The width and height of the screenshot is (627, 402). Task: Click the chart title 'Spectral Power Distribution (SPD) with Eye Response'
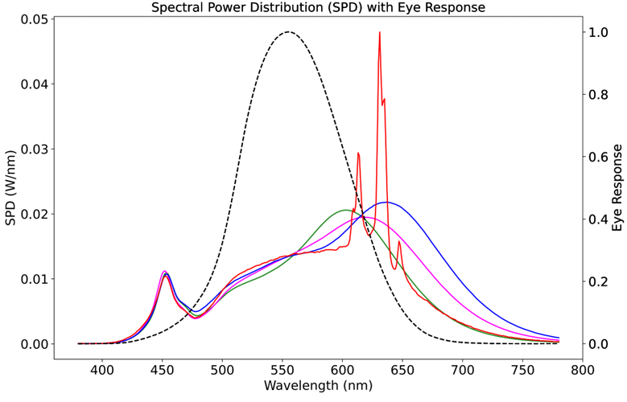coord(318,8)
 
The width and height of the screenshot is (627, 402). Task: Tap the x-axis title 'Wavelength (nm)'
coord(318,385)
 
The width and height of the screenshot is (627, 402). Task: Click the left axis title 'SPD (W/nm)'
coord(11,187)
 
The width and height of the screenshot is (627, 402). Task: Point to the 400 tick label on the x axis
coord(101,369)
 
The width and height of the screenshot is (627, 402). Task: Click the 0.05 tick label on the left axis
coord(31,19)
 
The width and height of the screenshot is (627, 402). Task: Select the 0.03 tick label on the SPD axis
coord(31,150)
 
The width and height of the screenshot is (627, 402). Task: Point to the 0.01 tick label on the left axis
coord(31,279)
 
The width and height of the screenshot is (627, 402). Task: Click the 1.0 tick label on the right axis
coord(597,33)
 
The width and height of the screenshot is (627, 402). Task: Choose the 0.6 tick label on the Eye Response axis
coord(597,157)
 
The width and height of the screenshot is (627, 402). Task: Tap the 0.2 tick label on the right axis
coord(597,281)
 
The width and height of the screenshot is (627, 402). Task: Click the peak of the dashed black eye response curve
coord(288,32)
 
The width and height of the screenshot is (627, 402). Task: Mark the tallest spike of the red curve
coord(379,33)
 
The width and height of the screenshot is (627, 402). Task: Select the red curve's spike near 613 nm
coord(358,153)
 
